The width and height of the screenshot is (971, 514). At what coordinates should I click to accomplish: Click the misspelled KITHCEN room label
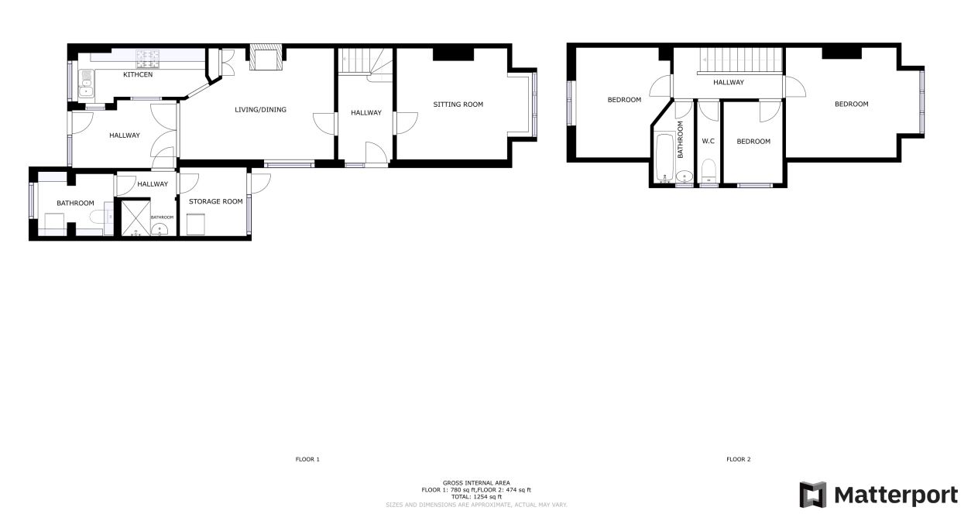[x=138, y=74]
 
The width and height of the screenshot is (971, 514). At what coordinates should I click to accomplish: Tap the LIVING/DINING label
[x=260, y=110]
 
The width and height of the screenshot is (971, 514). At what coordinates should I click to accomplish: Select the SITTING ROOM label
[x=458, y=105]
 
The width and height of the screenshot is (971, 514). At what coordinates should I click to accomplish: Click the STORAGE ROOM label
[x=215, y=201]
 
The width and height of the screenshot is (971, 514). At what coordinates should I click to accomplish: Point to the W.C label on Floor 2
[x=708, y=142]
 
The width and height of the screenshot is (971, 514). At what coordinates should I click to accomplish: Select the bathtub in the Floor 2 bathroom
[x=664, y=157]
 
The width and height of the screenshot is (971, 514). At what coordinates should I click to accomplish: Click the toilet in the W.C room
[x=709, y=171]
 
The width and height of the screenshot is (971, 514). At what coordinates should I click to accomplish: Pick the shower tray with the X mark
[x=136, y=218]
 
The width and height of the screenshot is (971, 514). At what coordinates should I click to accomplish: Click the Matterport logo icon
[x=813, y=495]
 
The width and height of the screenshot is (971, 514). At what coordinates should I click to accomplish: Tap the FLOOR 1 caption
[x=307, y=459]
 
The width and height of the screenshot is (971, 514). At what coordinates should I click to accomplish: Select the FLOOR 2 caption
[x=738, y=459]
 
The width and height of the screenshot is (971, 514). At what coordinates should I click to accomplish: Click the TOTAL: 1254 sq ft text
[x=476, y=497]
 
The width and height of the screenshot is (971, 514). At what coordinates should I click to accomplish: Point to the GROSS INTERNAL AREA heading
[x=476, y=483]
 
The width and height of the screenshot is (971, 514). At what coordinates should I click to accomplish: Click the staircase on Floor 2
[x=740, y=60]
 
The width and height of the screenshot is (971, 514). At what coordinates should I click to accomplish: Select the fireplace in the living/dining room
[x=266, y=57]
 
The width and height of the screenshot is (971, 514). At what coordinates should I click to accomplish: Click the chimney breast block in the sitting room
[x=453, y=53]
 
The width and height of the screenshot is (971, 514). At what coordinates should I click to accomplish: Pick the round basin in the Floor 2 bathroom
[x=684, y=176]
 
